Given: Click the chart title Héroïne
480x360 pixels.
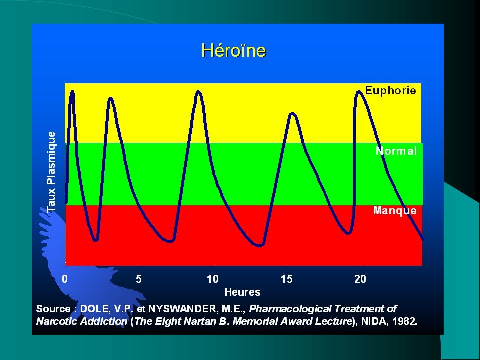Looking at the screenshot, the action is tap(234, 50).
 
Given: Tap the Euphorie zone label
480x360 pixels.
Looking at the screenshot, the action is tap(390, 91).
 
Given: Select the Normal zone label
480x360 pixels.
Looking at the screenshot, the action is tap(396, 151).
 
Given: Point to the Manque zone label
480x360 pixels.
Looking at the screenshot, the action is tap(395, 210).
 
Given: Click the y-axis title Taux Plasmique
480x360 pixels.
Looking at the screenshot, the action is tap(51, 172).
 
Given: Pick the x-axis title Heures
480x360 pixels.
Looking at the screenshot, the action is tap(243, 292).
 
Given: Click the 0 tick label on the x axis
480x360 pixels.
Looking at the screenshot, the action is tap(65, 279).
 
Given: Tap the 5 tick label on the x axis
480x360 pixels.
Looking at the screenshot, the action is tap(139, 279).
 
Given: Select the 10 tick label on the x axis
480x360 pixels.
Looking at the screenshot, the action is tap(213, 279).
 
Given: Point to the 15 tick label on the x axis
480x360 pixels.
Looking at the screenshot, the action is tap(287, 279).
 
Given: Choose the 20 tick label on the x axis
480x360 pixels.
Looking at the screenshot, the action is tap(360, 279).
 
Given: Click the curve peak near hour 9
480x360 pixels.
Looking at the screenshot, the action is tap(198, 92).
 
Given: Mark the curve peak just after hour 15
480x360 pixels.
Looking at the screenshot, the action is tap(292, 114).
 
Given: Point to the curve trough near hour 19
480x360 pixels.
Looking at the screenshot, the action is tap(348, 233).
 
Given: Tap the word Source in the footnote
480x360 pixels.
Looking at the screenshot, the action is tap(53, 309).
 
